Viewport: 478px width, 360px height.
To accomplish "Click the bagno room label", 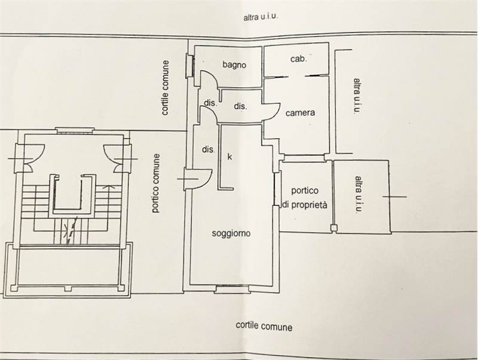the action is [234, 65].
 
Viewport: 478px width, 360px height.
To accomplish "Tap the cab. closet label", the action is [298, 59].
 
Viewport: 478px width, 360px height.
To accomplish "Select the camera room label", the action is [300, 113].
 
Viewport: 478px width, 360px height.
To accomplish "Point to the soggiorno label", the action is [231, 233].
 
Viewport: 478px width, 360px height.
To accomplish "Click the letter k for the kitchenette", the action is [230, 156].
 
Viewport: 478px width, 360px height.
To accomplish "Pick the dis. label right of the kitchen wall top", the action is [240, 106].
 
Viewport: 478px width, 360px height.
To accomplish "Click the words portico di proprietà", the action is [305, 198].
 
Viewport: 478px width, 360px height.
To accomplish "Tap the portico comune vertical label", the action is [156, 183].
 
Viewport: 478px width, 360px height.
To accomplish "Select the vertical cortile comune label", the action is [165, 88].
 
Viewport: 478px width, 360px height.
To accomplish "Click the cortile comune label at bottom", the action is [264, 326].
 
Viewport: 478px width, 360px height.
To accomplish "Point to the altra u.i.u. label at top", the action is [261, 17].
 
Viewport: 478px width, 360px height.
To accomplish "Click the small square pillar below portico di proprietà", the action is [334, 228].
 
